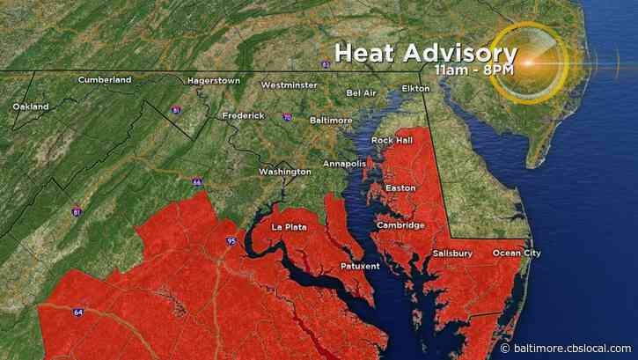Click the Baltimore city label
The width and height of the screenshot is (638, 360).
coord(331,120)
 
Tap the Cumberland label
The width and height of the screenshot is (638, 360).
coord(105,80)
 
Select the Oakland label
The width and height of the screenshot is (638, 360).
coord(32,107)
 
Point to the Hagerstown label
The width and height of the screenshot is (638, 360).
coord(213,81)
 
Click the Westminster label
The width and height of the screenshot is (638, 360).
coord(288,85)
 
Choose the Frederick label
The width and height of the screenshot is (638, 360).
coord(243,115)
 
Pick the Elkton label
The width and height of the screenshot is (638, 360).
coord(415,89)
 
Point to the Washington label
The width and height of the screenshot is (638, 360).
coord(284,171)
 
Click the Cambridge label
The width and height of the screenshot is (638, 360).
coord(400,225)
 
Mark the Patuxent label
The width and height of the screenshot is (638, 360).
coord(360,266)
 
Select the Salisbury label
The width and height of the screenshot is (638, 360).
coord(452,253)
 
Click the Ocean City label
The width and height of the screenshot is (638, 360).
coord(517,253)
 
